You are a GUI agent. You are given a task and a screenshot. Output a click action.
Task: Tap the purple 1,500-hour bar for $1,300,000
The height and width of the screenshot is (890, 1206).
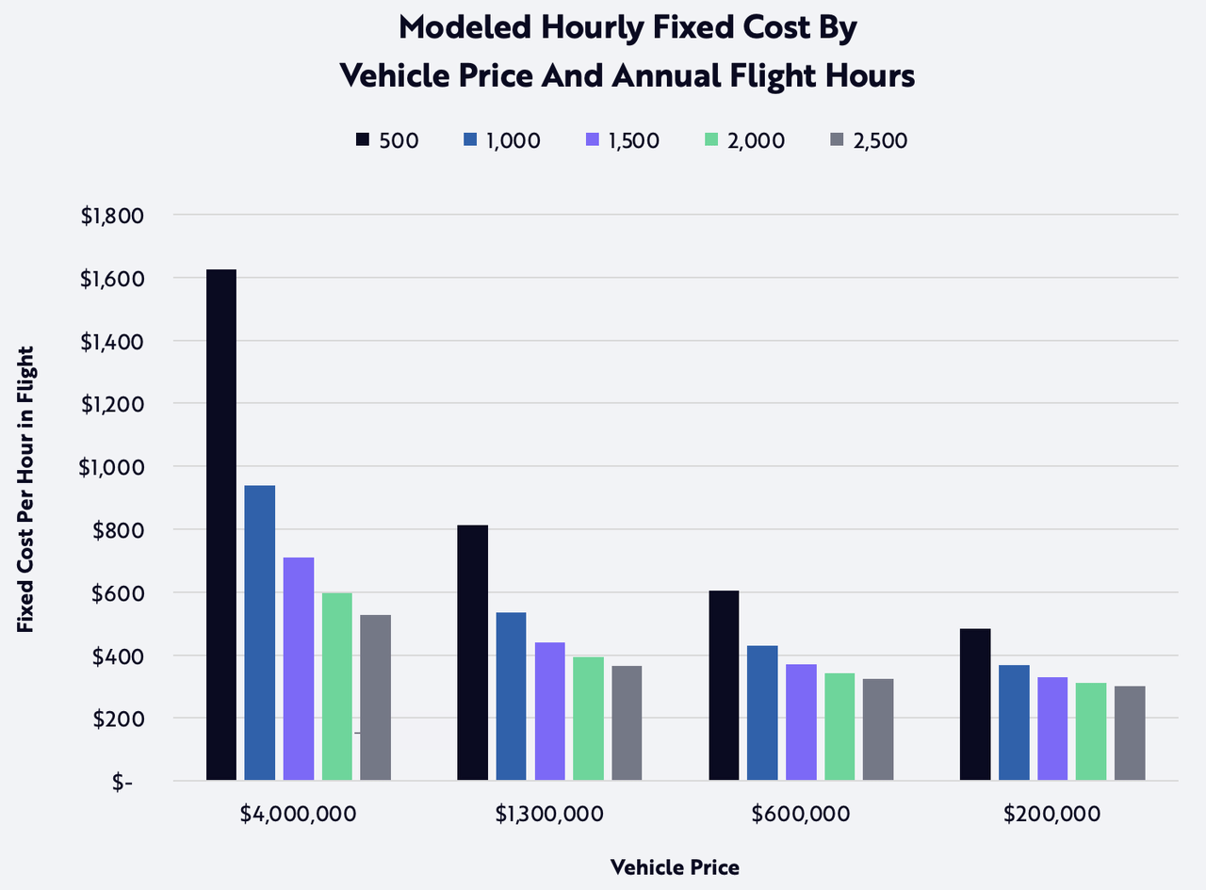click(549, 711)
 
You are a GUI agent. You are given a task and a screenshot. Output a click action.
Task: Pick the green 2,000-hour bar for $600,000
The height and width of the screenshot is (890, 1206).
click(839, 726)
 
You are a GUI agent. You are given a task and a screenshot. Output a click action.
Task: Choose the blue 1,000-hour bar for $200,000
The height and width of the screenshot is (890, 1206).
click(1014, 722)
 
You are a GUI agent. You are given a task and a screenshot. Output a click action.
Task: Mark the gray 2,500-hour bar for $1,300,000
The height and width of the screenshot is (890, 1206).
click(627, 722)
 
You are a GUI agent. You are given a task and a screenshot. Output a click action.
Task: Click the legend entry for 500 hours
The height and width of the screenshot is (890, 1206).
click(387, 140)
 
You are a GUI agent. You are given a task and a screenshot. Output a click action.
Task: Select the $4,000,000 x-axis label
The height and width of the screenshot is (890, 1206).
click(298, 814)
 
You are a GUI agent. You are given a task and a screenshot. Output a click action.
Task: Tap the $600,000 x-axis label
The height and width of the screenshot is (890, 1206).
click(801, 814)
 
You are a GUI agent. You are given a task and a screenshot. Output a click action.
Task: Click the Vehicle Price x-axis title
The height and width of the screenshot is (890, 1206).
click(675, 867)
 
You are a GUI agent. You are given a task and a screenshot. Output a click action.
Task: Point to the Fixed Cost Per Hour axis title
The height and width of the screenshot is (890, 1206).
click(25, 490)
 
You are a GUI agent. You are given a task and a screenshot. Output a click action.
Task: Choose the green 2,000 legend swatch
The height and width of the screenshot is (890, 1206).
click(711, 140)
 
